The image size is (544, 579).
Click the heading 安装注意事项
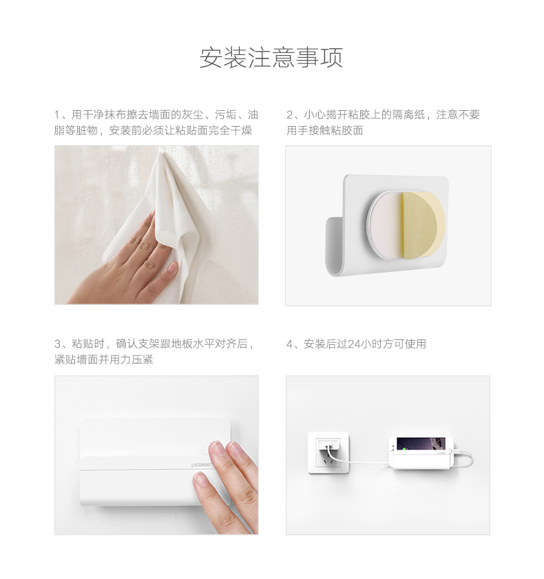[271, 58]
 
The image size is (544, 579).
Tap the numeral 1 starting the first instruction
[58, 115]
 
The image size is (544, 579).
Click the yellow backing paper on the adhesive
[421, 223]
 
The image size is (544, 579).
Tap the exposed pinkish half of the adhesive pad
[386, 224]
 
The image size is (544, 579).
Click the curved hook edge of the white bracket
[335, 248]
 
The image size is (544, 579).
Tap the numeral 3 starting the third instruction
[58, 344]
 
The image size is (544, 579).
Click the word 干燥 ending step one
[242, 131]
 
